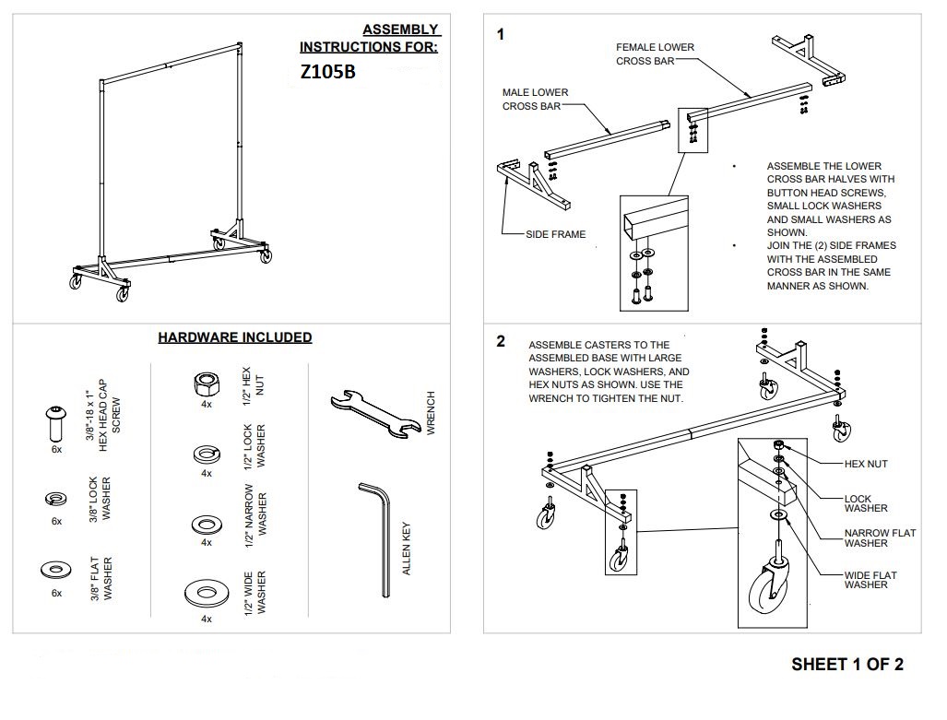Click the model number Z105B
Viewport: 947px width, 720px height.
[327, 74]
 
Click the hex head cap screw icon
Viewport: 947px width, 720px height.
[55, 423]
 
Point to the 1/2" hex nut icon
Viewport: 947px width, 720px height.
[207, 384]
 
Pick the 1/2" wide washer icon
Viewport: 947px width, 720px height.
[206, 591]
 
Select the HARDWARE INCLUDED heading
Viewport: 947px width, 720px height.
[234, 337]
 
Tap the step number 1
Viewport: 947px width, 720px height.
[501, 35]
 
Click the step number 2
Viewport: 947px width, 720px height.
[501, 341]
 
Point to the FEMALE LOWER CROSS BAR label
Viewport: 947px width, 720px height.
[655, 54]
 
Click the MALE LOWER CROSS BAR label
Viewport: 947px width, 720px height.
[535, 100]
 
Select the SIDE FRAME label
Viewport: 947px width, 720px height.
[555, 234]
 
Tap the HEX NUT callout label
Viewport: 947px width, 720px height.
[866, 464]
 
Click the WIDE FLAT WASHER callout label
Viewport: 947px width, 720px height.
[870, 580]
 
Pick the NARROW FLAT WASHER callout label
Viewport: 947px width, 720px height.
[880, 538]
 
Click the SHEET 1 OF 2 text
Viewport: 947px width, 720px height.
[846, 665]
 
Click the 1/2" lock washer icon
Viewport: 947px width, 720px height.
[206, 454]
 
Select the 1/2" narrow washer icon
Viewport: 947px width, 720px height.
[206, 524]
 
